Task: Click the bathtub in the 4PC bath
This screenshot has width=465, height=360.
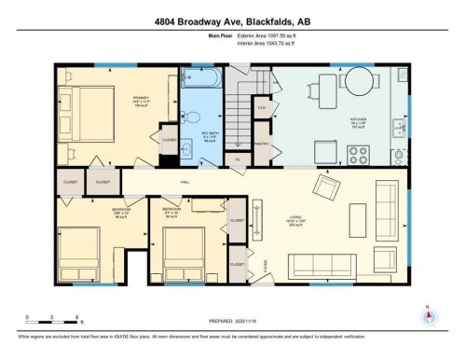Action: [x=199, y=76]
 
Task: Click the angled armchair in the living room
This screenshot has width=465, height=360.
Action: [x=326, y=189]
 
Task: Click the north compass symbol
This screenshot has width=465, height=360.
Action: [x=428, y=315]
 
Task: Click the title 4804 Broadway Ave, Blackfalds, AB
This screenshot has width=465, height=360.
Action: [x=232, y=16]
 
